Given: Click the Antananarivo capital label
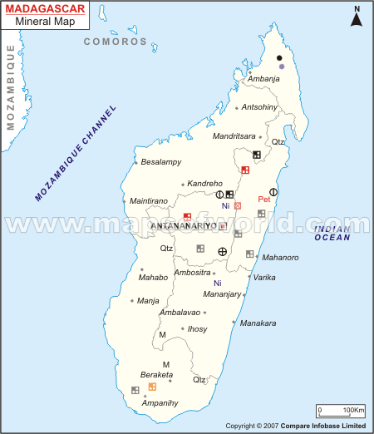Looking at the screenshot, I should coord(184,226).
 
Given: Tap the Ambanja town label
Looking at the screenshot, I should coord(263,79).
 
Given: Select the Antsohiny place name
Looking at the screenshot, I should coord(258,107).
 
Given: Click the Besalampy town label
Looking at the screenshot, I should coord(161,161).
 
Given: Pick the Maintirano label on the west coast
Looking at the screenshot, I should coord(149,201).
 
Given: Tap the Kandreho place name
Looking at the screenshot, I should coord(205,183).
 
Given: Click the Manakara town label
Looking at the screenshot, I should coord(258,323).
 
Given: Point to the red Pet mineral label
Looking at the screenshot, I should coord(264,200).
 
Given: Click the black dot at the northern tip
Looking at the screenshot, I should coord(279,57).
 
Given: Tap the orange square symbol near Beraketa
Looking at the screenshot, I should coord(152,387).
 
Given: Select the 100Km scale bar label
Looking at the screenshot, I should coord(353,410).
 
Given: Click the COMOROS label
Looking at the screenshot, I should coord(115,41).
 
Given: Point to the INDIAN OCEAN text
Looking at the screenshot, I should coord(332,234).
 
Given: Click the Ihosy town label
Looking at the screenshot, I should coord(197,329).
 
